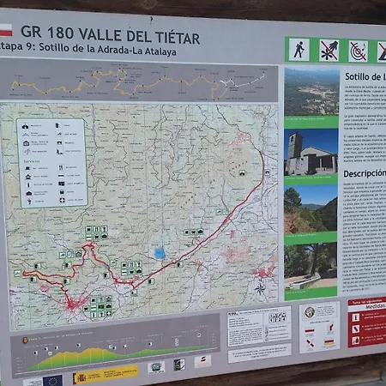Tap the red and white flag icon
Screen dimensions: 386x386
tap(5, 29)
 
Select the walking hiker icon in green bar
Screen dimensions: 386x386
tap(298, 50)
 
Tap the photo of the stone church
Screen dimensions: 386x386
tap(311, 153)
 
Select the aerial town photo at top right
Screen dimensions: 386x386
tap(311, 92)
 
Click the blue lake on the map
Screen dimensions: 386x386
tap(160, 253)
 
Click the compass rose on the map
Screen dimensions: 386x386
tap(260, 288)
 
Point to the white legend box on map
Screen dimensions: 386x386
tap(51, 162)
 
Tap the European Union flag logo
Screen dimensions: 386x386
tap(54, 379)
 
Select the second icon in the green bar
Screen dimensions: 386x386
tap(329, 50)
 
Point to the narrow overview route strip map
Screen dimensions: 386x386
tap(142, 82)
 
